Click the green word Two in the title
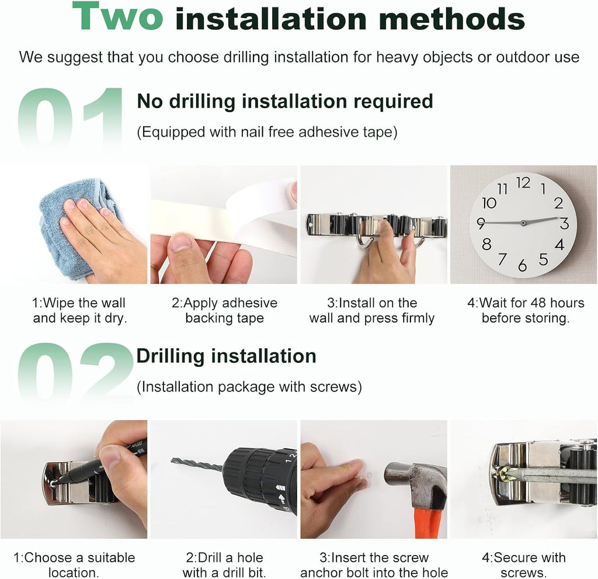(117, 16)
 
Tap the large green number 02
(75, 372)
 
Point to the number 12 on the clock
(523, 183)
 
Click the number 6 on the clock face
(522, 265)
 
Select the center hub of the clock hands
(523, 223)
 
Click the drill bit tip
(173, 460)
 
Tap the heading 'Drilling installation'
(226, 356)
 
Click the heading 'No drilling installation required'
(285, 102)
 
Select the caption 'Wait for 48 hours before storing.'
(526, 310)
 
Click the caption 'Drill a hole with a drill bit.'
(224, 565)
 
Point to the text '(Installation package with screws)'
(249, 387)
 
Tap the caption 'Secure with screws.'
(524, 565)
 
